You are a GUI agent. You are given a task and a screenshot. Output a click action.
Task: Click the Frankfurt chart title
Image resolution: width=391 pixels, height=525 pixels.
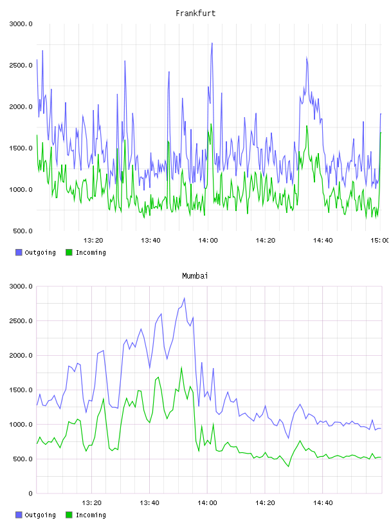point(195,14)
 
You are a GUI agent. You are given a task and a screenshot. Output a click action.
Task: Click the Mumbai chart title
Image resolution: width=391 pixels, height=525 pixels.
point(195,276)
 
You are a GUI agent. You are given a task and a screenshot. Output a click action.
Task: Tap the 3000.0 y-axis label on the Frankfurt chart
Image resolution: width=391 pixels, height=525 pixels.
point(21,24)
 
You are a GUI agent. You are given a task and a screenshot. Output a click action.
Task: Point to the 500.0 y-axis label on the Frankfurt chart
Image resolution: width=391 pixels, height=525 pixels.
point(23,231)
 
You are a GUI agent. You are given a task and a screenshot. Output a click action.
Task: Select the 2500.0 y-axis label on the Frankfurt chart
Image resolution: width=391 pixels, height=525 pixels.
point(21,65)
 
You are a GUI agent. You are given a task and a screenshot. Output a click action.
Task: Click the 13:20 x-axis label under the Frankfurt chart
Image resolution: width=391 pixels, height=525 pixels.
point(93,241)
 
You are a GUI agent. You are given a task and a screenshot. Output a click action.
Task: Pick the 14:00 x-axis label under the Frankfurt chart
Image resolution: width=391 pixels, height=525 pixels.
point(208,241)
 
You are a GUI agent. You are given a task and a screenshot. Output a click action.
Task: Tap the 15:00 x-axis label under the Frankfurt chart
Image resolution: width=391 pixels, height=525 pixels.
point(380,241)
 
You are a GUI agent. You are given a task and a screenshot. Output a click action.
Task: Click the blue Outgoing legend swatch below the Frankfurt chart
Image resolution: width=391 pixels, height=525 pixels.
point(19,252)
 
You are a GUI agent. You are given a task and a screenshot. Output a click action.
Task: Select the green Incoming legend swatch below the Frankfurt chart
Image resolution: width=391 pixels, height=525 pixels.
point(69,252)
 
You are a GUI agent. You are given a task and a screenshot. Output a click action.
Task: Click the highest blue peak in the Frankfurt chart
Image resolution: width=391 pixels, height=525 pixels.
point(212,43)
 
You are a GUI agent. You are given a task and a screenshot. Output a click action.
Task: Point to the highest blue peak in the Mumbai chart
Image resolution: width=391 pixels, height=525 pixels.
point(184,298)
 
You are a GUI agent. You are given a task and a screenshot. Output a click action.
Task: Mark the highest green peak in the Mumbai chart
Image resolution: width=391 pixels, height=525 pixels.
point(181,367)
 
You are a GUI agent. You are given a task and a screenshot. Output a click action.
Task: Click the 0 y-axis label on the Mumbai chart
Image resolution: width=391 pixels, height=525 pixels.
point(30,493)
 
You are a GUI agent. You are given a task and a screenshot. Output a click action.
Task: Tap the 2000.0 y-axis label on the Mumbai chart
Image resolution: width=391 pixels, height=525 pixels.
point(21,356)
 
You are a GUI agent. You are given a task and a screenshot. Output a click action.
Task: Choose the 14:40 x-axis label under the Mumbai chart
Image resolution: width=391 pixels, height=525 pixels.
point(323,503)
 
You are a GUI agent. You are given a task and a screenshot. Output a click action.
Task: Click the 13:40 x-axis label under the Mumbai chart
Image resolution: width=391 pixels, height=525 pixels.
point(149,503)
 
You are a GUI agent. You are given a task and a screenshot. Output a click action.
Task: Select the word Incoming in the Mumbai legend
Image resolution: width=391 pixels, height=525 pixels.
point(91,515)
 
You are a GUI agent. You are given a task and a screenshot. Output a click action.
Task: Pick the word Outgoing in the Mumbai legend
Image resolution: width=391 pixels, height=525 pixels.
point(40,515)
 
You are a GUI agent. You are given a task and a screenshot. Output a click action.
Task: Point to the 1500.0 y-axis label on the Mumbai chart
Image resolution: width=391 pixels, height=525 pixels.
point(21,390)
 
